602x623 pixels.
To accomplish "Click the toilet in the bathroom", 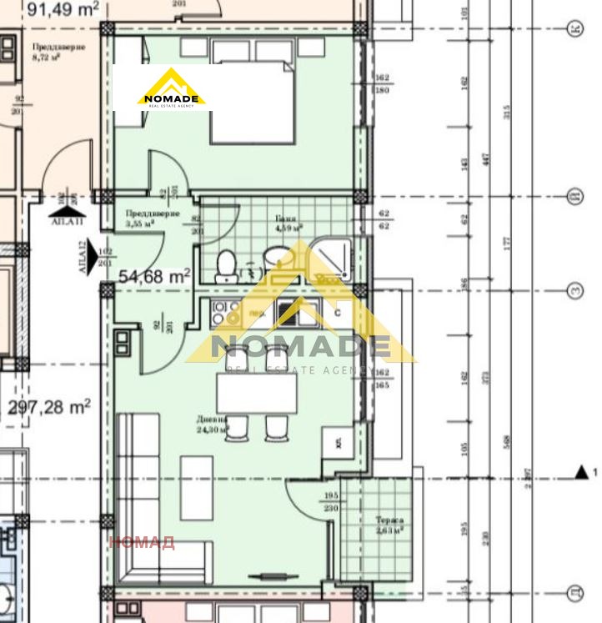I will [225, 265].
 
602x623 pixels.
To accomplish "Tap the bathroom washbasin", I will [275, 258].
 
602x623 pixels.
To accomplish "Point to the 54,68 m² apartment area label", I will [154, 274].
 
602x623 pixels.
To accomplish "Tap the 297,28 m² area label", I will [49, 408].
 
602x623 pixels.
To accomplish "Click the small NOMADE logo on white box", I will [172, 88].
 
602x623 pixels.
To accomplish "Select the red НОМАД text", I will [143, 543].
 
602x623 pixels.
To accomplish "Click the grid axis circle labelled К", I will [574, 28].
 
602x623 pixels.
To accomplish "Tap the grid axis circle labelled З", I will [574, 290].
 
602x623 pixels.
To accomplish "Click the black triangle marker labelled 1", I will [581, 473].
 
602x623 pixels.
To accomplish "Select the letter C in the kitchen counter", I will [337, 313].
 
